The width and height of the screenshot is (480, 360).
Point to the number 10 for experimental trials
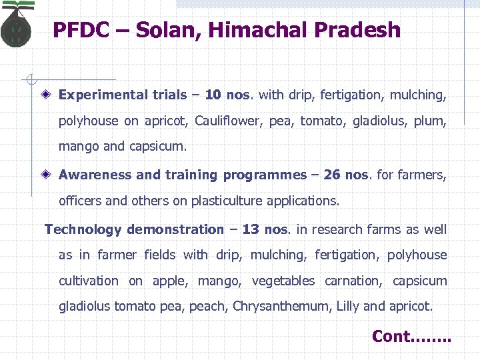pos(213,95)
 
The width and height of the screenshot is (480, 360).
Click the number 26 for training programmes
pos(331,175)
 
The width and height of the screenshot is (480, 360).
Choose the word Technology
pos(83,229)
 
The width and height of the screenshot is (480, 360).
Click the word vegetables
pos(283,281)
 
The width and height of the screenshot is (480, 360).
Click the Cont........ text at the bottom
pos(411,336)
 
